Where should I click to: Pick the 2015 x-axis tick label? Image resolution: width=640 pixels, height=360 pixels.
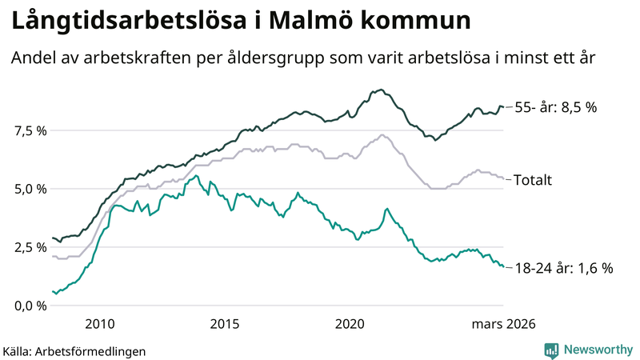coord(225,324)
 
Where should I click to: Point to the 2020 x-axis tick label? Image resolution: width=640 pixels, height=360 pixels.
coord(350,324)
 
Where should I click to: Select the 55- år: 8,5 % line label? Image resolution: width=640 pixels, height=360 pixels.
coord(555,106)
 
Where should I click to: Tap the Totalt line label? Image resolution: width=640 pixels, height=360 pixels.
coord(532,179)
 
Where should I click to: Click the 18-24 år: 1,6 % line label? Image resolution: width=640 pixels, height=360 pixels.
coord(563,269)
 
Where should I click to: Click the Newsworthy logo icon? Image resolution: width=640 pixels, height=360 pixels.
coord(551,350)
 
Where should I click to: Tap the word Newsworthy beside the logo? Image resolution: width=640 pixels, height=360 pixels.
coord(596,350)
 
